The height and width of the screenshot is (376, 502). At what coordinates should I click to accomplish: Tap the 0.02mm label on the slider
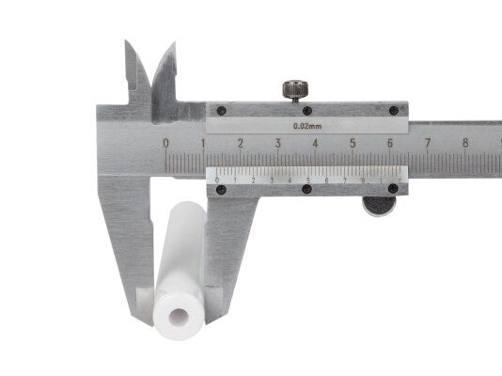(x=306, y=124)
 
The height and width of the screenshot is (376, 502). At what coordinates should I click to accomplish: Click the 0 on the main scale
(x=166, y=144)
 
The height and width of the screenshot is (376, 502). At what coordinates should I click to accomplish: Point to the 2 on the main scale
(x=241, y=144)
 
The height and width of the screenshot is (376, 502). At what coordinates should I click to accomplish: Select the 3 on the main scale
(x=278, y=144)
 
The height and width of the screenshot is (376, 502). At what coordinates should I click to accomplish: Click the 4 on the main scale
(x=315, y=144)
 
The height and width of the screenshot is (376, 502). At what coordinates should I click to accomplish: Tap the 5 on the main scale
(x=353, y=144)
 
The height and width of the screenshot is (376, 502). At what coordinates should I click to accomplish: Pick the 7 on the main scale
(x=427, y=144)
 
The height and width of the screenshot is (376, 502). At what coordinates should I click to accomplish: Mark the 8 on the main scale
(x=464, y=144)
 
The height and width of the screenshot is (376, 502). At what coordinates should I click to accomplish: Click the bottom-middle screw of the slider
(x=306, y=189)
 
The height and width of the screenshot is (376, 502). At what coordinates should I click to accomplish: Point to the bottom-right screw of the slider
(x=394, y=189)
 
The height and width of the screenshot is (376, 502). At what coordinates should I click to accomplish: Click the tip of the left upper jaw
(x=128, y=43)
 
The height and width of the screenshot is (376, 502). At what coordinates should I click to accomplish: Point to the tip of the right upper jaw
(x=172, y=45)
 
